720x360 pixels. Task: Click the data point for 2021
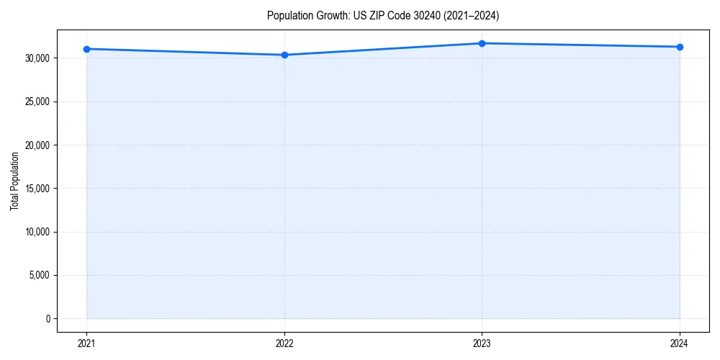tap(86, 49)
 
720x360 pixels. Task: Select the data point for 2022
tap(284, 55)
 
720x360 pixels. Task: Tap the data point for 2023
tap(482, 43)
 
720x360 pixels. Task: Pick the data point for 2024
tap(680, 47)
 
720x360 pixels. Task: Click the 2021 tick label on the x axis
tap(86, 343)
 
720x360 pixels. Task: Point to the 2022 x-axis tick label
tap(284, 343)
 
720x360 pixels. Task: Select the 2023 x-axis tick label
tap(482, 343)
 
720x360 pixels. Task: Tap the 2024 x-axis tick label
tap(680, 343)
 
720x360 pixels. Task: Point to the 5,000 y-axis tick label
tap(40, 275)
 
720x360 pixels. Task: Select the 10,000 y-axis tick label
tap(38, 232)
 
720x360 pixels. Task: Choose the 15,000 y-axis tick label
tap(38, 189)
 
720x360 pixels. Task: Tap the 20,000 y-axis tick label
tap(38, 145)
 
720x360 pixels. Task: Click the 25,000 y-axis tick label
tap(38, 102)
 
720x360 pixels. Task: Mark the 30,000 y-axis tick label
tap(38, 58)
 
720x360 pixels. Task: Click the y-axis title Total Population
tap(14, 181)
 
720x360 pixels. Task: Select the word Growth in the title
tap(328, 15)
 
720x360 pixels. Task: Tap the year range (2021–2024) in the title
tap(466, 15)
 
